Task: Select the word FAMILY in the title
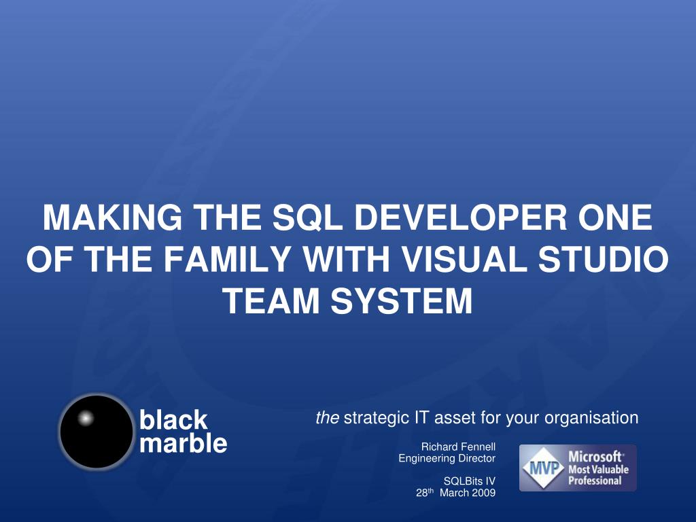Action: pyautogui.click(x=227, y=259)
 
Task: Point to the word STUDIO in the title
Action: pyautogui.click(x=604, y=259)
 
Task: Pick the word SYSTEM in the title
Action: pyautogui.click(x=402, y=300)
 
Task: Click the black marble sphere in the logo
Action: pyautogui.click(x=97, y=432)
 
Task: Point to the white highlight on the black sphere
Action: pyautogui.click(x=86, y=418)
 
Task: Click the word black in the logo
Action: pyautogui.click(x=173, y=419)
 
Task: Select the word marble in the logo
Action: pyautogui.click(x=184, y=442)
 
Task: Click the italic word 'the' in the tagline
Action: pyautogui.click(x=328, y=418)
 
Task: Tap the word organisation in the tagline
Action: pyautogui.click(x=591, y=419)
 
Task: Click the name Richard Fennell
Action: pyautogui.click(x=458, y=447)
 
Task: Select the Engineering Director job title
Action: pyautogui.click(x=447, y=459)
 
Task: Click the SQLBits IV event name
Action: pyautogui.click(x=470, y=481)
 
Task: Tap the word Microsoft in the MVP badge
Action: pyautogui.click(x=595, y=456)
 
